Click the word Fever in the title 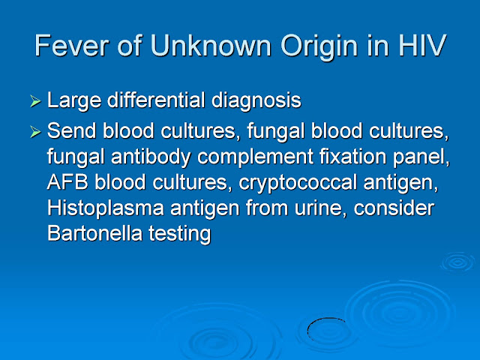point(71,46)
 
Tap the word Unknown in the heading point(211,46)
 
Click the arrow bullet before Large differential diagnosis point(35,101)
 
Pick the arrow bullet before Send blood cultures point(35,132)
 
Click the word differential point(156,100)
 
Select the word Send point(72,130)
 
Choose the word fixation point(353,157)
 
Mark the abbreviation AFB point(67,182)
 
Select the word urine point(320,208)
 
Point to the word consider point(394,208)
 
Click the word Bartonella point(95,233)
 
